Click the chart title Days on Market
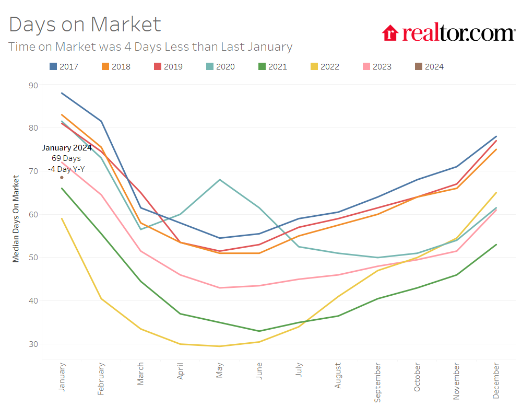(85, 25)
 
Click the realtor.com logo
(448, 33)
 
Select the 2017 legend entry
(63, 66)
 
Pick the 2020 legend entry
(220, 66)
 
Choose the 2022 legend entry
(324, 66)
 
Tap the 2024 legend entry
(429, 66)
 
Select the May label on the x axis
(220, 370)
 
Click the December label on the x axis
(496, 381)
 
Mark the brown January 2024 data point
(62, 178)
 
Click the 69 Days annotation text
(66, 158)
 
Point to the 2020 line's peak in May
(220, 180)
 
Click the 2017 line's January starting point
(62, 93)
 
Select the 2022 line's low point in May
(220, 346)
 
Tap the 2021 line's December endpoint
(496, 245)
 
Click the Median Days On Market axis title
(16, 219)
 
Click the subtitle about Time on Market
(150, 47)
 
